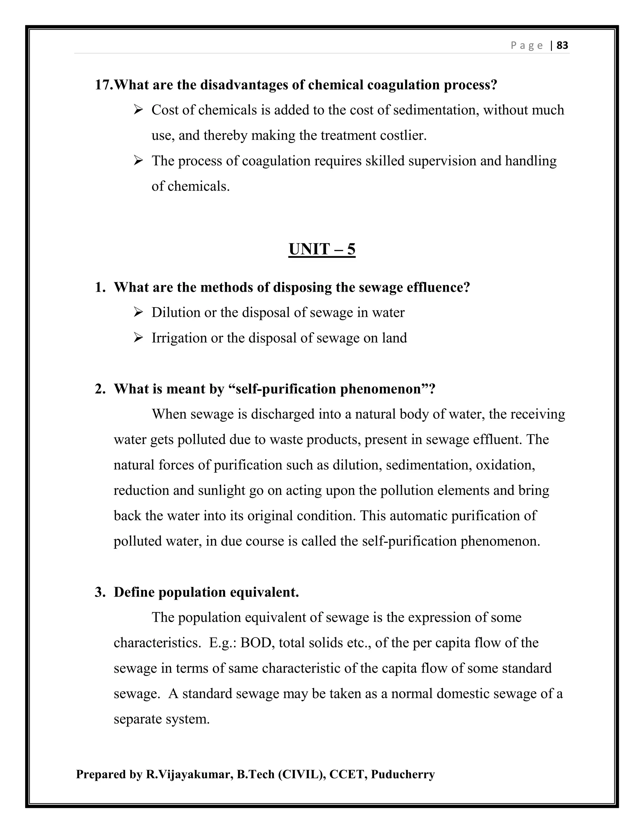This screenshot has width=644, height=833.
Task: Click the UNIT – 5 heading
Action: coord(322,250)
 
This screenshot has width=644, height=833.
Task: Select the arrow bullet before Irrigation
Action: coord(138,338)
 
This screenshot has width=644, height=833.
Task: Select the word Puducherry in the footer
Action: coord(402,775)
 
